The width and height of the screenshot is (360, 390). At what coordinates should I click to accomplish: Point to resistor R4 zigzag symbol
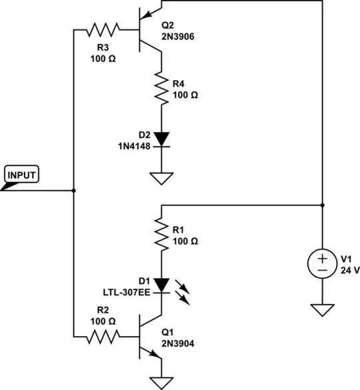pyautogui.click(x=161, y=87)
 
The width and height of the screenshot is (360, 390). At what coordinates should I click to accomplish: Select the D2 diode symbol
pyautogui.click(x=161, y=139)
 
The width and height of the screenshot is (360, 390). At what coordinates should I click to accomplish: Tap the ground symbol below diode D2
pyautogui.click(x=161, y=177)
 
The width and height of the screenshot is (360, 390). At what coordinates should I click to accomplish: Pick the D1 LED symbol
pyautogui.click(x=161, y=285)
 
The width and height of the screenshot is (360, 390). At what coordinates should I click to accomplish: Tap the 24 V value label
pyautogui.click(x=350, y=270)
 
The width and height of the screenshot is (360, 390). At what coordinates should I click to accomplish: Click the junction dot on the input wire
pyautogui.click(x=73, y=191)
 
